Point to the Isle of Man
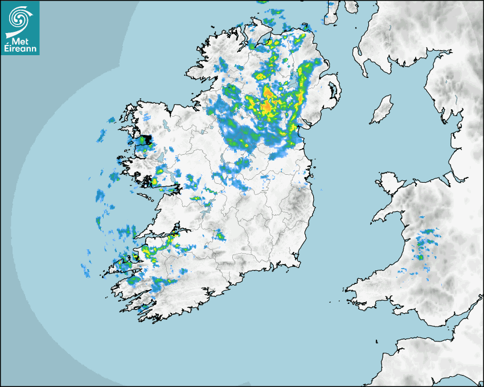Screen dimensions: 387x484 [x=382, y=110]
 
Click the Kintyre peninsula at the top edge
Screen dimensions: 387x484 [x=332, y=11]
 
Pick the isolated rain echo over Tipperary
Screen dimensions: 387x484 [x=219, y=235]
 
